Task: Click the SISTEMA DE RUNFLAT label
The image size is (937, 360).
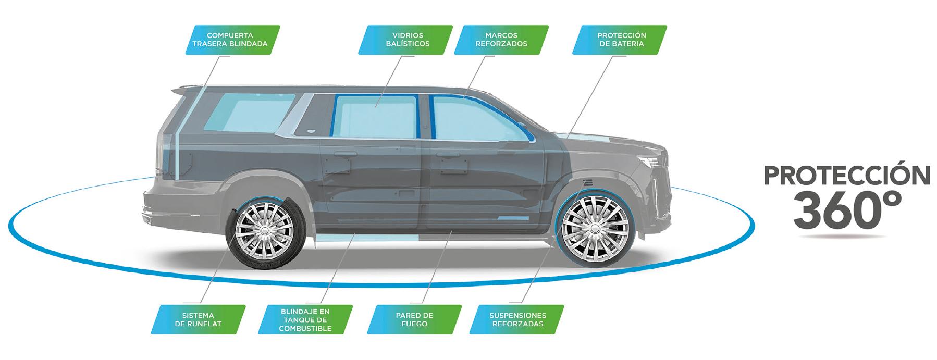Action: (x=198, y=319)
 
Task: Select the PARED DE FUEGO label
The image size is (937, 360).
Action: (x=414, y=319)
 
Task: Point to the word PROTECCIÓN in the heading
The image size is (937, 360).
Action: (x=846, y=176)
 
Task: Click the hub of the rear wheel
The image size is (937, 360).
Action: (x=264, y=230)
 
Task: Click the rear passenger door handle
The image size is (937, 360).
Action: (x=344, y=155)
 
